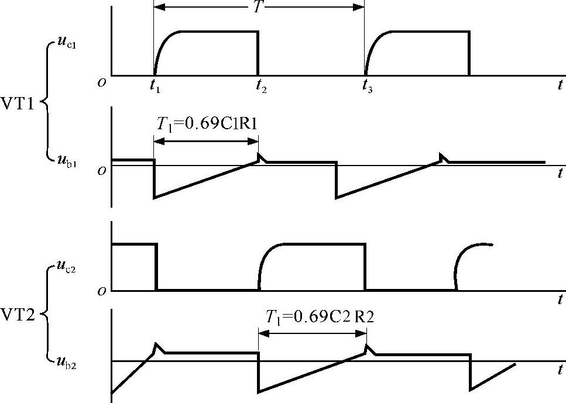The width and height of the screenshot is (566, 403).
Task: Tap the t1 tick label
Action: (155, 88)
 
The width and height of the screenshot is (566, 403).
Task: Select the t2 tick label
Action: (260, 88)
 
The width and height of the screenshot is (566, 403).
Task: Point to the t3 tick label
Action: (366, 88)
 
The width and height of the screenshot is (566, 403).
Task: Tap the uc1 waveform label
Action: (66, 46)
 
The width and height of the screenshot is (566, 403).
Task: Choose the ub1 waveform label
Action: (66, 160)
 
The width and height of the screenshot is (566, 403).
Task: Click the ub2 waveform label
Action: (66, 363)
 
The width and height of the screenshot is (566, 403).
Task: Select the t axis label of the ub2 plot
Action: (560, 370)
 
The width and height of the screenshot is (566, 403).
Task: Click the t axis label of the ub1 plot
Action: (560, 174)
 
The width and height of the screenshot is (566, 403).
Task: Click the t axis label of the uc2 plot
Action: (560, 299)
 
